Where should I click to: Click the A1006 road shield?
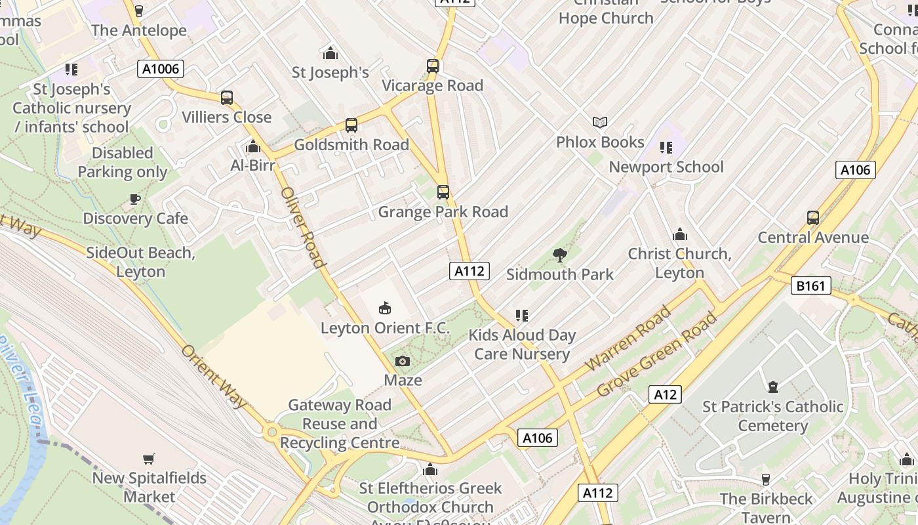point(160,69)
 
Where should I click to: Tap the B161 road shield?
point(811,285)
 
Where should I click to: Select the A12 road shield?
point(665,394)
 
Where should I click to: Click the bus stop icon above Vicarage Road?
point(433,66)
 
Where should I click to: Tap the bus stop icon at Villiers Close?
point(227,98)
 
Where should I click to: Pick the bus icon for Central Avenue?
point(813,218)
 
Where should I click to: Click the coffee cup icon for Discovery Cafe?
point(135,199)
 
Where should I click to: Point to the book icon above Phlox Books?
point(600,122)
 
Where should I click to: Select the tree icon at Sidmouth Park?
point(559,255)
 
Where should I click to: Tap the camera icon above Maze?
point(403,361)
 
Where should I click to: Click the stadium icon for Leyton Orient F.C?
point(385,308)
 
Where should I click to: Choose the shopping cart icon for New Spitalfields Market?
point(149,459)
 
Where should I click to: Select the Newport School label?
point(666,167)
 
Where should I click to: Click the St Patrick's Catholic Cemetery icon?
point(773,387)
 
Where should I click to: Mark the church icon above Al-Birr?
point(252,146)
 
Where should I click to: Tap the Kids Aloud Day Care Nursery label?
point(522,345)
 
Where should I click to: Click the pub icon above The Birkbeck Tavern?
point(765,480)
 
